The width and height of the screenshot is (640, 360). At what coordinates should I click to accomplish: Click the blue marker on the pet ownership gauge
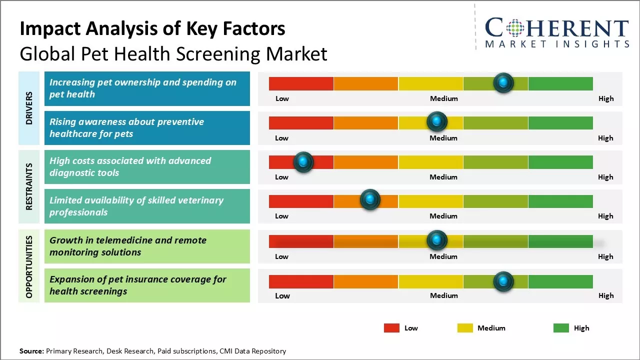[x=503, y=82]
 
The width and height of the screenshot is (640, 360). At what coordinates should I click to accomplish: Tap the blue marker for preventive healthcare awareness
[x=437, y=121]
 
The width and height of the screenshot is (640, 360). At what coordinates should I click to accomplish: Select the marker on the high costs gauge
[x=303, y=161]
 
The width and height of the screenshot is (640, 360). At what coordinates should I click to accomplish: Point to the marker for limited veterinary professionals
[x=370, y=200]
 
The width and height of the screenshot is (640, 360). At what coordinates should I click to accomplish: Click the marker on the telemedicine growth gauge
[x=437, y=240]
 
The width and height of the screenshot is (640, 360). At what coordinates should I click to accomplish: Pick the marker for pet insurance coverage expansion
[x=503, y=281]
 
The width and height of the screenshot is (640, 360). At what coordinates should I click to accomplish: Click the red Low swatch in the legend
[x=391, y=328]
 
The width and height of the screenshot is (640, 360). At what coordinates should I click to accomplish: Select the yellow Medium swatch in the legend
[x=465, y=328]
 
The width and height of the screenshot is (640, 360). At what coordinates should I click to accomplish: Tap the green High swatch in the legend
[x=561, y=328]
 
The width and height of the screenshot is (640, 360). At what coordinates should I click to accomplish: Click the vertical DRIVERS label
[x=29, y=107]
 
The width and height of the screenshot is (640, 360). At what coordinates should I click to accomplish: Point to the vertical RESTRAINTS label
[x=29, y=186]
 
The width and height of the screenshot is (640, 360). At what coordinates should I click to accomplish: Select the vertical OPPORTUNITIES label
[x=29, y=266]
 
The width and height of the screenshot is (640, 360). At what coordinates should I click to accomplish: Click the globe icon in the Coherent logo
[x=514, y=28]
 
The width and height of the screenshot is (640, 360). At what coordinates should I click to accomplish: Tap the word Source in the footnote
[x=31, y=351]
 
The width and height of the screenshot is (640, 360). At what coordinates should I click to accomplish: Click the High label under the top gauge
[x=606, y=98]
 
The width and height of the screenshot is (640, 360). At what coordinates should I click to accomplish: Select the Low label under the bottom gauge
[x=282, y=295]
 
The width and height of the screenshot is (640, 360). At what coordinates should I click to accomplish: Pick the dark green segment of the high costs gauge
[x=560, y=162]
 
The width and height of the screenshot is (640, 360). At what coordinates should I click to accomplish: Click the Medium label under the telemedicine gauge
[x=443, y=256]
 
